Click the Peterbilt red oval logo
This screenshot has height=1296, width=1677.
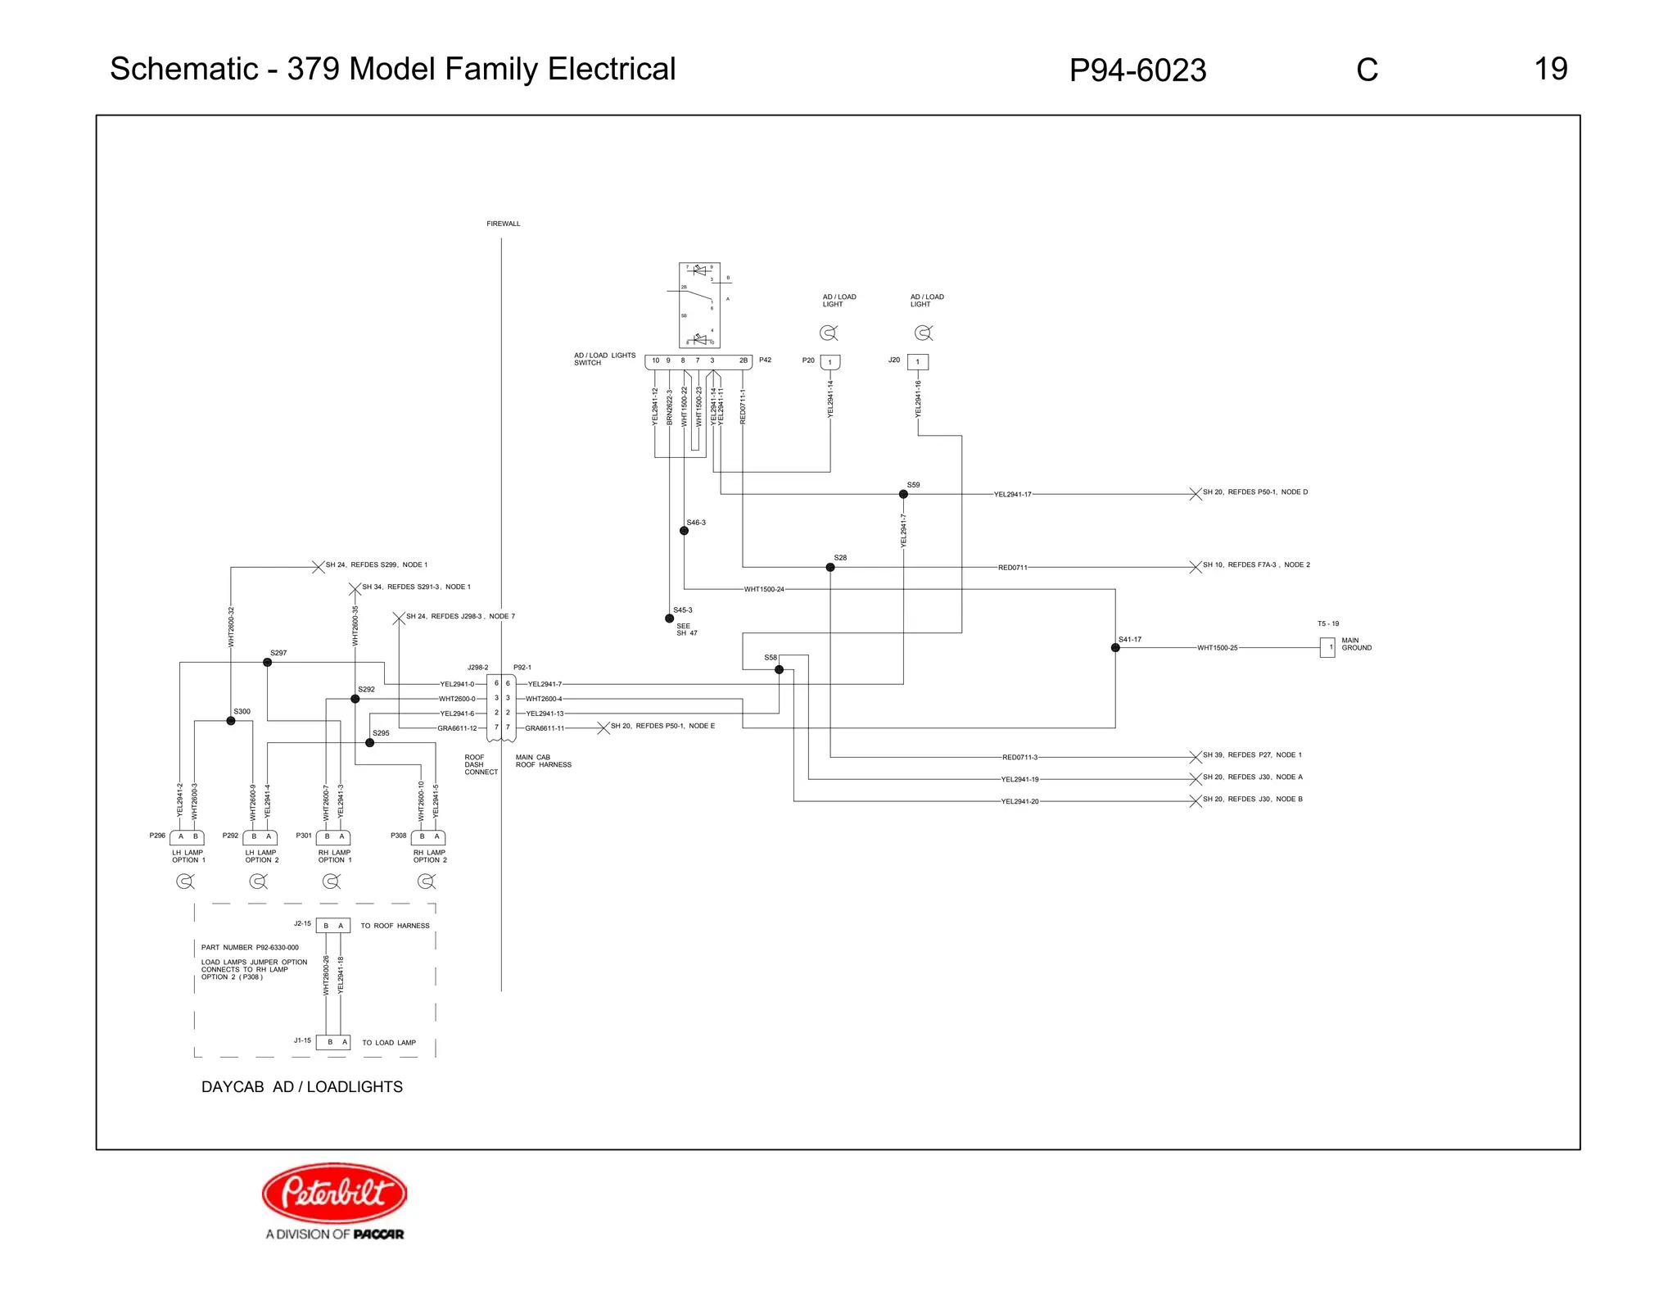pyautogui.click(x=334, y=1192)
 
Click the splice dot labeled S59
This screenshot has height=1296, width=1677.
pyautogui.click(x=903, y=494)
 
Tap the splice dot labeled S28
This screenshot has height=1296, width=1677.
pyautogui.click(x=830, y=567)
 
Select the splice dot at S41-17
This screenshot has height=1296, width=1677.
pyautogui.click(x=1115, y=647)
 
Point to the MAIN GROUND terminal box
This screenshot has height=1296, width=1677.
pyautogui.click(x=1327, y=647)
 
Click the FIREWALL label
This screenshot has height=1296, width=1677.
pyautogui.click(x=503, y=224)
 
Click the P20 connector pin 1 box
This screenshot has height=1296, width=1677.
pyautogui.click(x=829, y=362)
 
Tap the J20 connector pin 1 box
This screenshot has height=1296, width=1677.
pyautogui.click(x=917, y=361)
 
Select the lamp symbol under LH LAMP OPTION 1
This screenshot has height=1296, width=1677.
pyautogui.click(x=185, y=881)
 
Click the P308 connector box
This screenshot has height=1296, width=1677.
pyautogui.click(x=428, y=837)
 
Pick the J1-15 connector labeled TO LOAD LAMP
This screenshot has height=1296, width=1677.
pyautogui.click(x=333, y=1042)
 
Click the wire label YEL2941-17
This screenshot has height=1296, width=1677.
pyautogui.click(x=1012, y=495)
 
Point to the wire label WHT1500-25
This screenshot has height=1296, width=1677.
pyautogui.click(x=1217, y=648)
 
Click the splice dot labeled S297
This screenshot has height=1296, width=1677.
pyautogui.click(x=267, y=662)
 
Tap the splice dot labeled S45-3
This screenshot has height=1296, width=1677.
pyautogui.click(x=669, y=619)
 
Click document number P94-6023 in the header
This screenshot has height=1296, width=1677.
pyautogui.click(x=1137, y=70)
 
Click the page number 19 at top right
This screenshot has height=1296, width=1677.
pyautogui.click(x=1550, y=69)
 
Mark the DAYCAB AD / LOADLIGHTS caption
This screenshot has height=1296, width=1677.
pyautogui.click(x=302, y=1087)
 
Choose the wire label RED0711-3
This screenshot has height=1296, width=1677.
pyautogui.click(x=1019, y=758)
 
